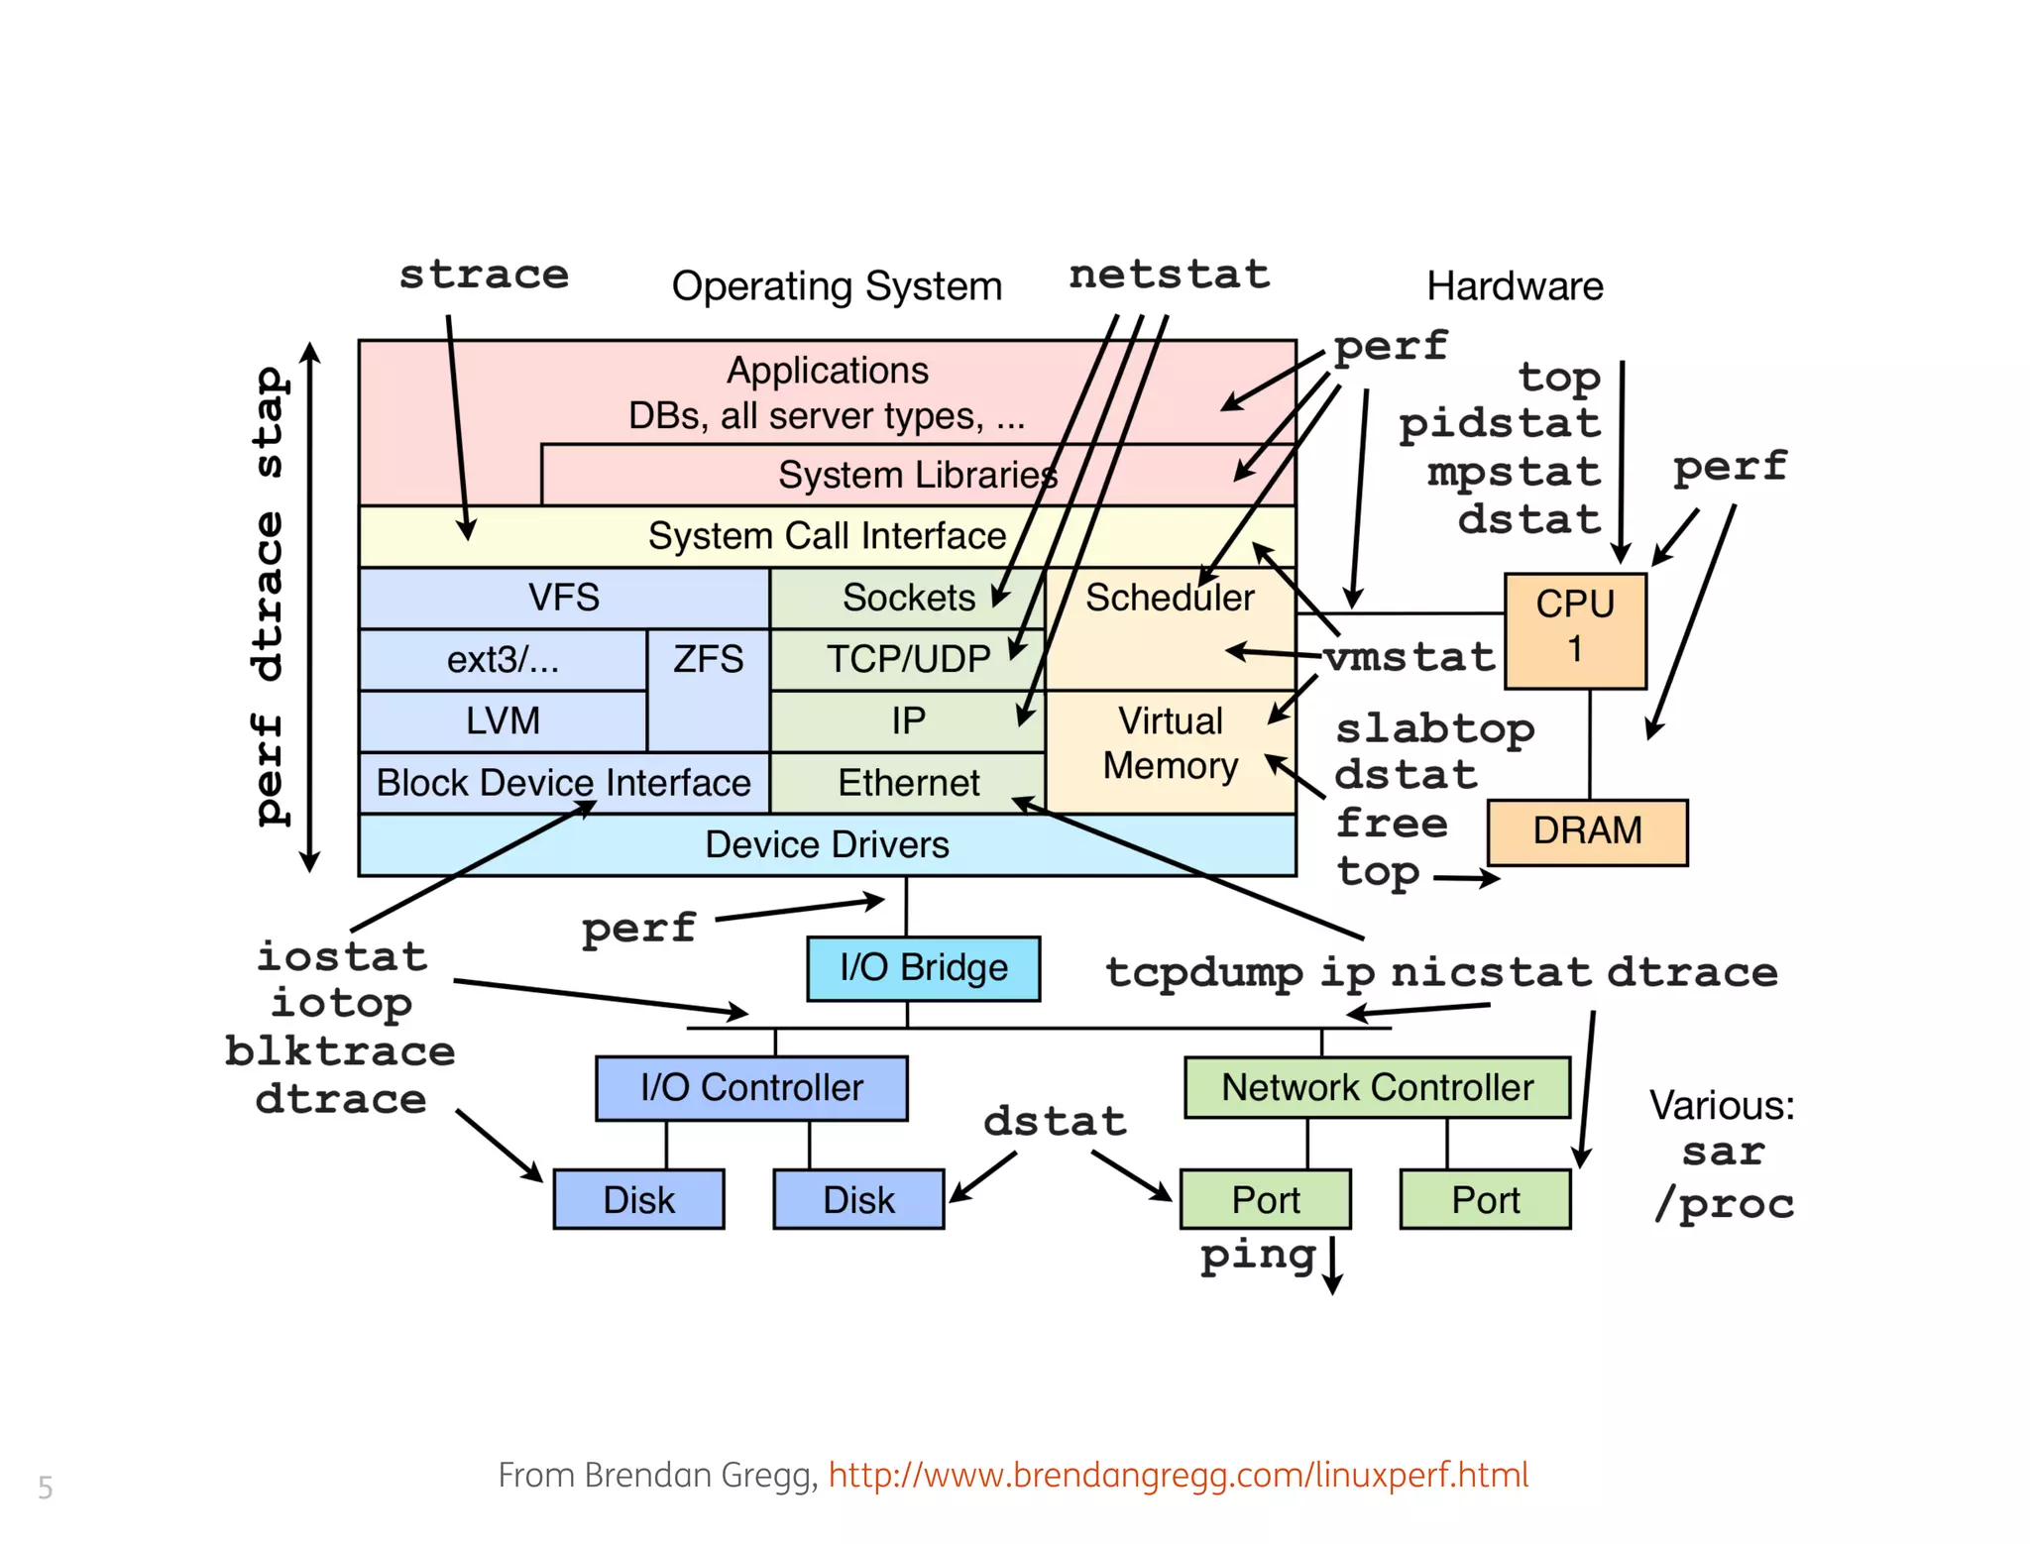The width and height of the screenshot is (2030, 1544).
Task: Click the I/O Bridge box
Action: (x=923, y=968)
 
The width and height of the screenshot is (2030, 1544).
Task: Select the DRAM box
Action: (x=1587, y=831)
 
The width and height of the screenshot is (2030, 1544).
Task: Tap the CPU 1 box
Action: (x=1575, y=630)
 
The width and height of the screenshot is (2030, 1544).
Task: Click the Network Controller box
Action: (x=1377, y=1087)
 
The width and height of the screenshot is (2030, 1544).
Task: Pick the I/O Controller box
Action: (x=751, y=1087)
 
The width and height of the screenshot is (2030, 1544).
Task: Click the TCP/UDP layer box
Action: (x=908, y=659)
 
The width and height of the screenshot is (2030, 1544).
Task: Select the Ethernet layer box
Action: (x=908, y=783)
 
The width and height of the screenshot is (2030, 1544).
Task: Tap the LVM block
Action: (x=503, y=720)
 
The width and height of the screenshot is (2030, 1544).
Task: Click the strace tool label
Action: (x=484, y=275)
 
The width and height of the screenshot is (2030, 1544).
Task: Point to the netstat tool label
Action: (x=1169, y=275)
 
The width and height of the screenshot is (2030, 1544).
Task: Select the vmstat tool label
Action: (x=1410, y=657)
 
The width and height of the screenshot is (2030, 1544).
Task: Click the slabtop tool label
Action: (x=1434, y=729)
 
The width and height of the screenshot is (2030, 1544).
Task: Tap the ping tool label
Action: (x=1258, y=1256)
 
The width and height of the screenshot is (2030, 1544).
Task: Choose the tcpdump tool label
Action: (x=1203, y=972)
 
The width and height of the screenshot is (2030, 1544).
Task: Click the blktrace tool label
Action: (x=340, y=1050)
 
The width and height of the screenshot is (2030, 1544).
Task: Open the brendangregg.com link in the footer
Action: (x=1178, y=1475)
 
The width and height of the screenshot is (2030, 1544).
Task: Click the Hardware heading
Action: (x=1514, y=286)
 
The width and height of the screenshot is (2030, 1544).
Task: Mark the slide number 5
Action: (x=46, y=1487)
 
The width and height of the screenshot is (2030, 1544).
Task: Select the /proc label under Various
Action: (x=1724, y=1204)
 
